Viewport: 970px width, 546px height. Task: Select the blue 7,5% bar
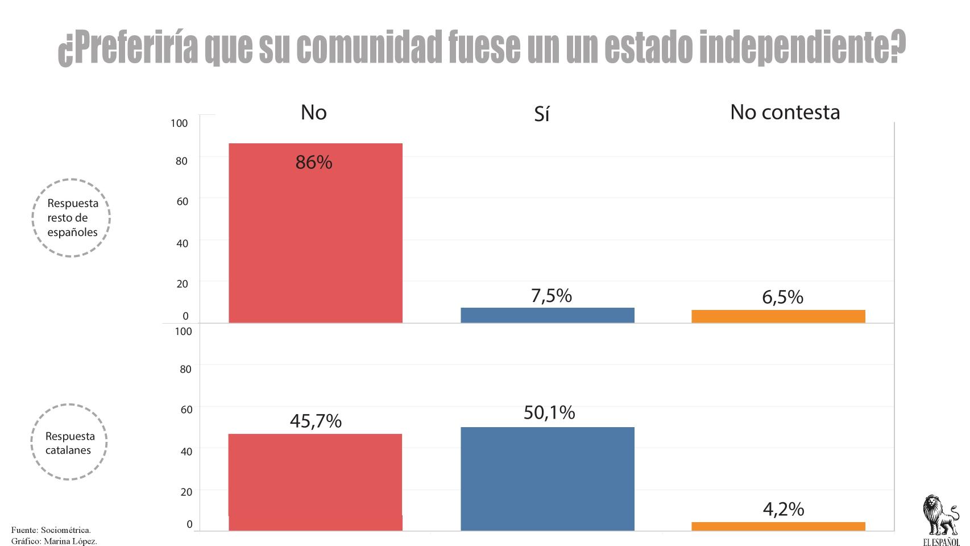[547, 315]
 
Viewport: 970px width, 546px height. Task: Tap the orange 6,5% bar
[778, 316]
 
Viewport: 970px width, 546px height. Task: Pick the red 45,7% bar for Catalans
[315, 482]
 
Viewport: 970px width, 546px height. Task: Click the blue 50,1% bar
[547, 479]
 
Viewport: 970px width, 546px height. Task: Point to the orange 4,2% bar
[778, 526]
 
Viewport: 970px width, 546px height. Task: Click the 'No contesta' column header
[785, 112]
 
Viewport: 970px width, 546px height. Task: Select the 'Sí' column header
[541, 114]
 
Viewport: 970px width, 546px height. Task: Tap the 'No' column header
[313, 112]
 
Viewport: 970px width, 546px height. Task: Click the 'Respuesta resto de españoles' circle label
[71, 218]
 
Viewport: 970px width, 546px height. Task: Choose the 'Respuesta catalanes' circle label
[69, 442]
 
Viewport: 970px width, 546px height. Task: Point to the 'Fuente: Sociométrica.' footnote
[51, 530]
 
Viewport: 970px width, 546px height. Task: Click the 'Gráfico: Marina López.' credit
[54, 540]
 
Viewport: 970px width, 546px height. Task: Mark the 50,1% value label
[549, 412]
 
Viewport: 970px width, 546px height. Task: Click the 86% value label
[313, 163]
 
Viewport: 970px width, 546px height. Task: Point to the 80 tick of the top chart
[181, 161]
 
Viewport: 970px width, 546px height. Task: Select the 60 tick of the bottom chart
[186, 409]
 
